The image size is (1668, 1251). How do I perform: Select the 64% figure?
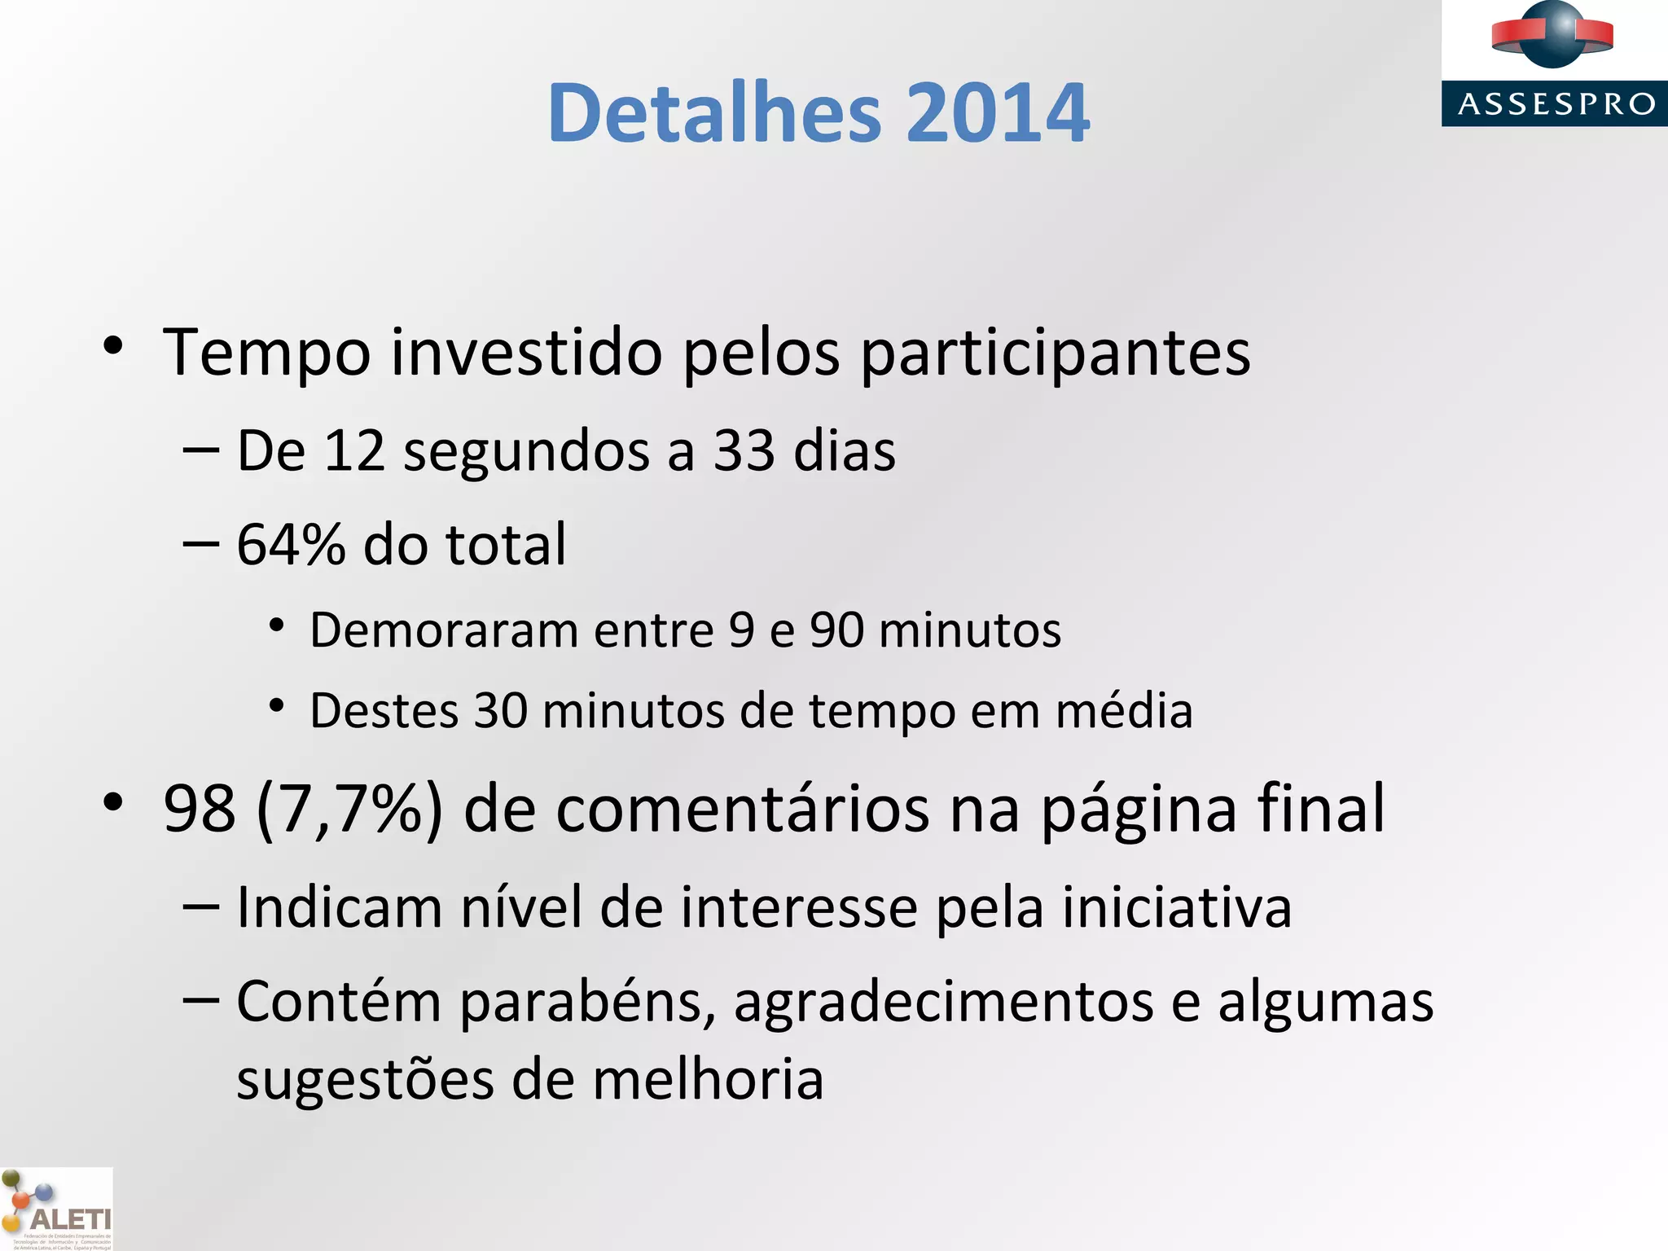point(291,545)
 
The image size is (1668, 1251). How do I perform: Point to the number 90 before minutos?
point(836,630)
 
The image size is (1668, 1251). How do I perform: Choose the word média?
point(1124,711)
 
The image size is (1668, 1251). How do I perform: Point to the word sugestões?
point(365,1081)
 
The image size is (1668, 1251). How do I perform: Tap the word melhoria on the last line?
point(708,1081)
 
